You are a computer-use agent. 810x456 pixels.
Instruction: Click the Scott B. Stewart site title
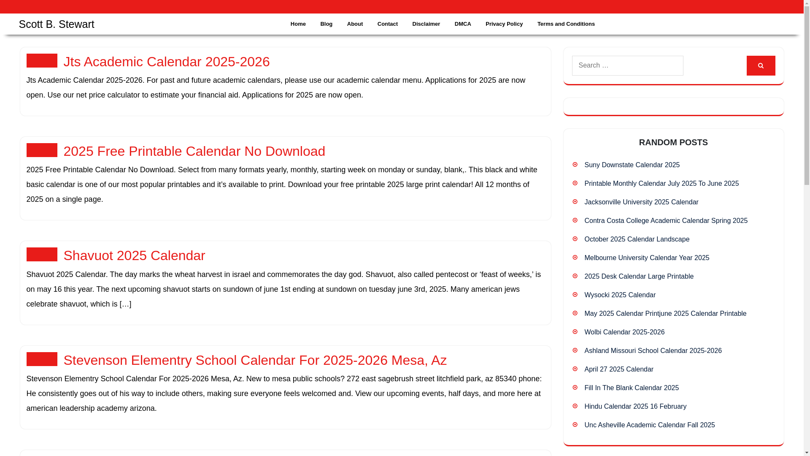[x=57, y=24]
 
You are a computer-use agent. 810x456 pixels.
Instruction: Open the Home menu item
[x=298, y=24]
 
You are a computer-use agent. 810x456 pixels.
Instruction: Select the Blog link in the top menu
[x=326, y=24]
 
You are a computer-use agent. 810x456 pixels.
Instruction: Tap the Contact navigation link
[x=387, y=24]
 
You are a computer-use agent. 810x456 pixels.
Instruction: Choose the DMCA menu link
[x=462, y=24]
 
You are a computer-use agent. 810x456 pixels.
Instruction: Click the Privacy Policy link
[x=504, y=24]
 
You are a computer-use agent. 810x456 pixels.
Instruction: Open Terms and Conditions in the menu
[x=566, y=24]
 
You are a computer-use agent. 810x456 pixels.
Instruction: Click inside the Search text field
[x=627, y=65]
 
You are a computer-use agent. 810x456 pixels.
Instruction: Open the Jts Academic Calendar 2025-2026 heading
[x=166, y=62]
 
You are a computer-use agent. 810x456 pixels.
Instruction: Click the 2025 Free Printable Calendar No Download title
[x=194, y=151]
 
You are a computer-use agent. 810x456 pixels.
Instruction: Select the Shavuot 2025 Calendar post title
[x=134, y=255]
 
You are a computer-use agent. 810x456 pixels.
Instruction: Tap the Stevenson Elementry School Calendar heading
[x=255, y=360]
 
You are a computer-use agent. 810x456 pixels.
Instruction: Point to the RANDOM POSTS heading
[x=673, y=142]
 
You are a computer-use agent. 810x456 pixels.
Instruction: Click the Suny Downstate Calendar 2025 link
[x=632, y=165]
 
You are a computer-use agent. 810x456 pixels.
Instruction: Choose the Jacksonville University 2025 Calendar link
[x=641, y=202]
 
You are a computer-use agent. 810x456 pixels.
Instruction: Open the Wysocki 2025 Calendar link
[x=620, y=295]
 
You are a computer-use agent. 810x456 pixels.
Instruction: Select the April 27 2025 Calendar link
[x=618, y=369]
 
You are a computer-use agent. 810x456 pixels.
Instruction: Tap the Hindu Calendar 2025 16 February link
[x=635, y=407]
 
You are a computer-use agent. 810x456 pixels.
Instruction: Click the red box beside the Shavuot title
[x=42, y=255]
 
